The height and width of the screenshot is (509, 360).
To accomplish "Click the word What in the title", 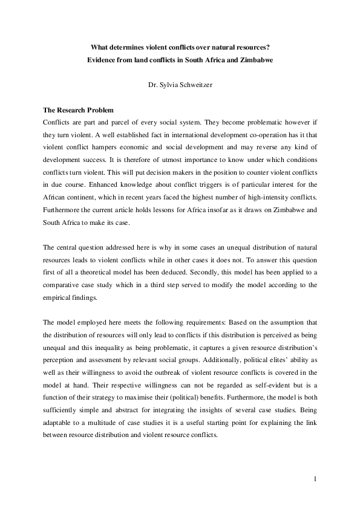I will click(x=100, y=47).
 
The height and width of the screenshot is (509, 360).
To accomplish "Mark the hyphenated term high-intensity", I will click(x=260, y=198).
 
